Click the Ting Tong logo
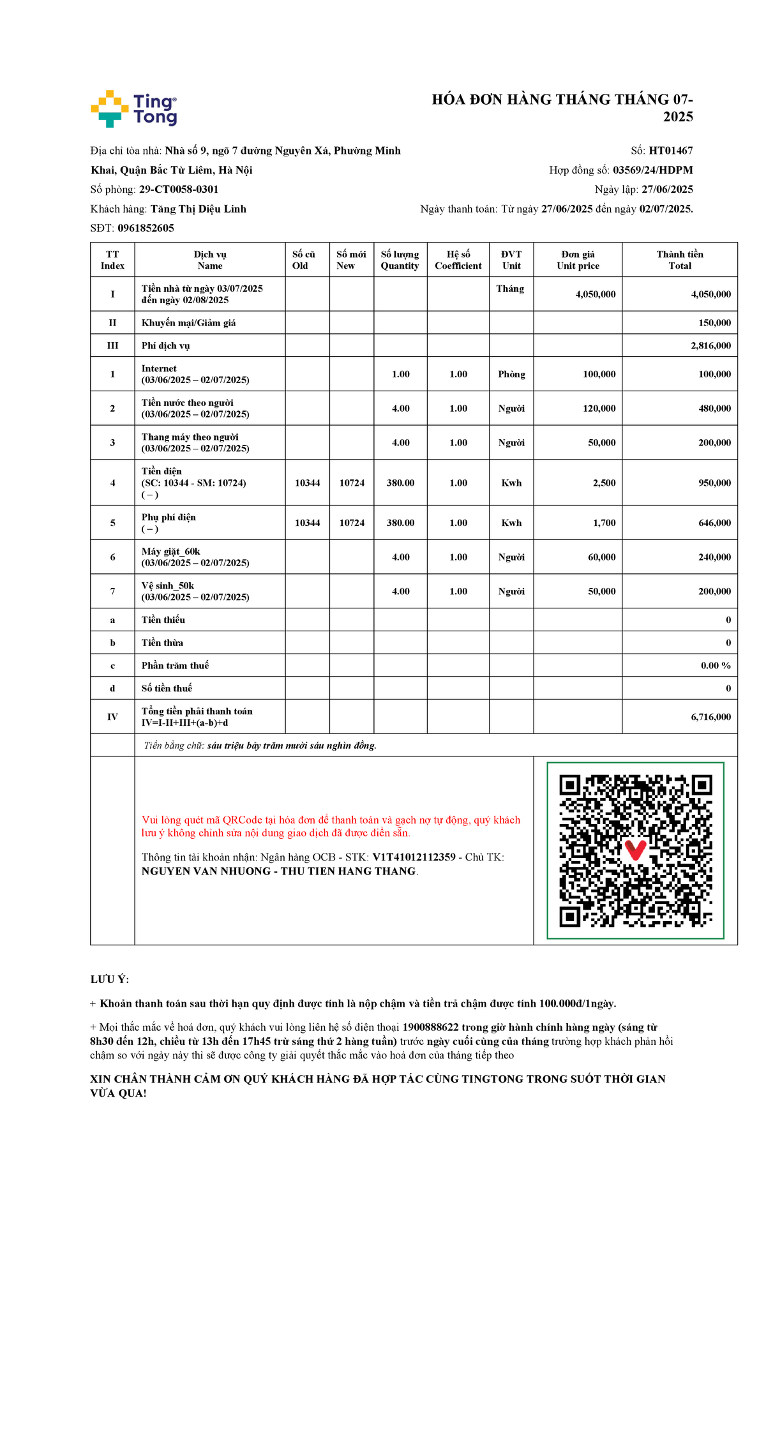(133, 109)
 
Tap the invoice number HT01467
(670, 151)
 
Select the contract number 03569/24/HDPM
(652, 170)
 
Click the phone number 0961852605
(146, 228)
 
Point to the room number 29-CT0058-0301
(179, 190)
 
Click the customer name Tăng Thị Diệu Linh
(198, 209)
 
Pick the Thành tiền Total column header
(679, 260)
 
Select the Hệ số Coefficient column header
(458, 260)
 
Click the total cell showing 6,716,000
(710, 717)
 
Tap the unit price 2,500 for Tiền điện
(604, 483)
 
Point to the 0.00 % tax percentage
(715, 665)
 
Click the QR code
(635, 850)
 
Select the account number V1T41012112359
(414, 857)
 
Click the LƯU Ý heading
(110, 979)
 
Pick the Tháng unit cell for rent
(510, 289)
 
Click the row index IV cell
(112, 717)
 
